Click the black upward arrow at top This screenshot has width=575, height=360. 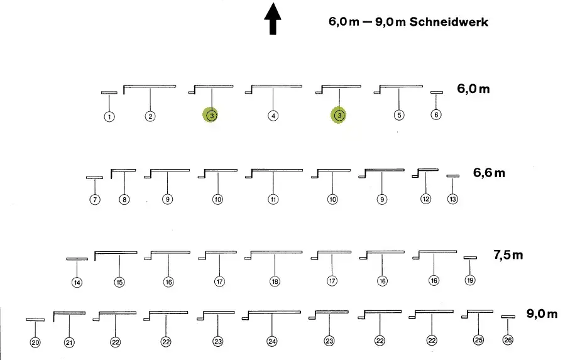coord(272,19)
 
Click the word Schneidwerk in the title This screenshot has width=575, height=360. coord(449,22)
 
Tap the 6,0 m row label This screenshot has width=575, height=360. coord(473,89)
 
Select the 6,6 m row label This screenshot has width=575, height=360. coord(489,173)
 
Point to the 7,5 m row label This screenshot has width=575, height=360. coord(508,255)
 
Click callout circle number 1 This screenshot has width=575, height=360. coord(109,116)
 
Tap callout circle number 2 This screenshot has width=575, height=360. coord(150,116)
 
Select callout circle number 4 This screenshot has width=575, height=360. coord(273,116)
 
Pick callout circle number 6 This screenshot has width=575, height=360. coord(436,114)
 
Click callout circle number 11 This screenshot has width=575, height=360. coord(273,199)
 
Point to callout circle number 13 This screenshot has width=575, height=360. coord(452,199)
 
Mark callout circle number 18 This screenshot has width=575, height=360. coord(275,281)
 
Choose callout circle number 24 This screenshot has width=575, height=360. coord(271,341)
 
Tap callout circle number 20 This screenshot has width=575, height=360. coord(35,342)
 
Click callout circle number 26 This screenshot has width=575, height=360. coord(508,340)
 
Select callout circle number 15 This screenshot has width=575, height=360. coord(119,282)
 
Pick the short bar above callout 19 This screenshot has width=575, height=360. coord(469,258)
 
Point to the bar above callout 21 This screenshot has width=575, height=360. coord(69,312)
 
